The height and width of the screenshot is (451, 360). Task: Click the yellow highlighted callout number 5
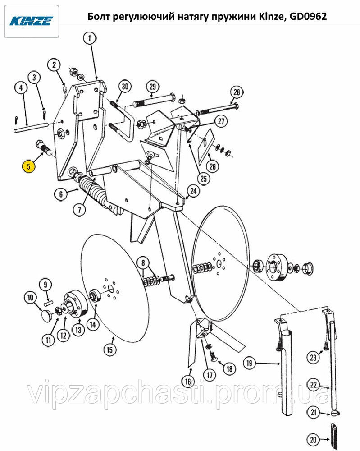(x=28, y=166)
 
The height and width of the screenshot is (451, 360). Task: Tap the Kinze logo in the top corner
(x=32, y=21)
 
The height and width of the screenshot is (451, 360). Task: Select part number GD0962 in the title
(x=308, y=16)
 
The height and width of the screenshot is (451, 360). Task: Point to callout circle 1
(x=90, y=38)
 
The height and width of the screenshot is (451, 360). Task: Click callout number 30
(x=124, y=86)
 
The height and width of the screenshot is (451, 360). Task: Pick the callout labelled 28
(x=237, y=92)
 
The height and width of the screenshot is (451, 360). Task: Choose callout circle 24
(x=193, y=191)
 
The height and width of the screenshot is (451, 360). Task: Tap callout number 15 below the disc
(x=110, y=350)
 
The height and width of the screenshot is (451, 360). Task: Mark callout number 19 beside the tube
(x=249, y=363)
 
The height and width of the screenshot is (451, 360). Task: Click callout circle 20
(x=313, y=439)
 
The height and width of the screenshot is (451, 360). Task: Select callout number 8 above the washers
(x=143, y=262)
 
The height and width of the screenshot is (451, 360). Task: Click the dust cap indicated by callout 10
(x=46, y=316)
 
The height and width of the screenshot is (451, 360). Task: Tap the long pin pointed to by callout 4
(x=31, y=127)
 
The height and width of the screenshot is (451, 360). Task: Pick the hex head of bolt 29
(x=172, y=97)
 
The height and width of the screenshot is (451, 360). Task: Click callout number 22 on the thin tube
(x=314, y=385)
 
